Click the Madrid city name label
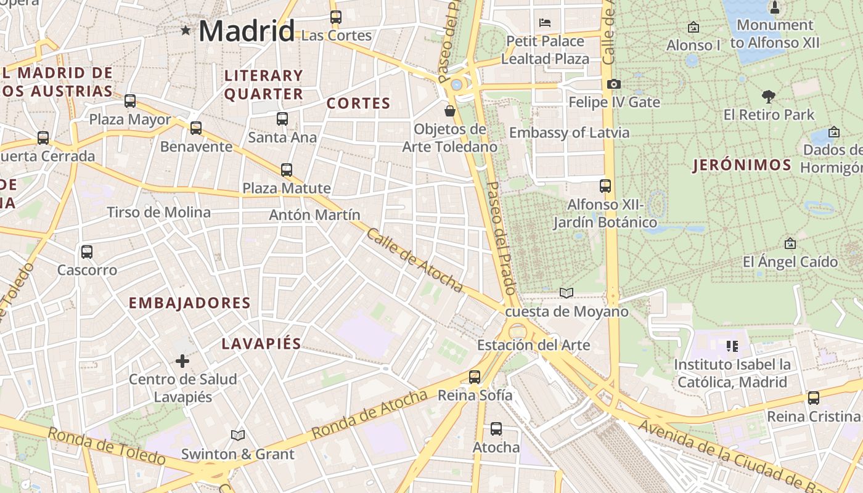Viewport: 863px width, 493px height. [247, 31]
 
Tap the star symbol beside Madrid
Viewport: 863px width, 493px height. [186, 30]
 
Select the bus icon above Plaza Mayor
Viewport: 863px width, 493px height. [130, 101]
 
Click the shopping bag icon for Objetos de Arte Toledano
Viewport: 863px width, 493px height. [450, 111]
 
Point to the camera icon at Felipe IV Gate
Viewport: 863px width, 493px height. [614, 84]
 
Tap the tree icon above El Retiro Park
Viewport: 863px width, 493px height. [768, 96]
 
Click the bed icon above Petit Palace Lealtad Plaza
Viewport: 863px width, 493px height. [545, 23]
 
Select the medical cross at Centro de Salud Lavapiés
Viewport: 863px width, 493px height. [182, 361]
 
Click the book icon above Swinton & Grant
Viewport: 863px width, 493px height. [237, 435]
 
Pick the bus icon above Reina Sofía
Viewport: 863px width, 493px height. [475, 377]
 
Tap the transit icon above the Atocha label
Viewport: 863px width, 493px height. [496, 428]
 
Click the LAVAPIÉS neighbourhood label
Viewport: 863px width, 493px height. [261, 344]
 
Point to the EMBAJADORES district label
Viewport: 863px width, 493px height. [190, 303]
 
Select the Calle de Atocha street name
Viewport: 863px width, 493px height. [414, 259]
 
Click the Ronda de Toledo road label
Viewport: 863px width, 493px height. [107, 446]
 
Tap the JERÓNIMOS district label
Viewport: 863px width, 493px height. [742, 165]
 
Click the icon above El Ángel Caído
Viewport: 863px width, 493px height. [790, 244]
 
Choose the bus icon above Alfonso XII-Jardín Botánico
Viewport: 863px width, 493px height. [605, 185]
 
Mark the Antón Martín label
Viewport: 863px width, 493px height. [314, 215]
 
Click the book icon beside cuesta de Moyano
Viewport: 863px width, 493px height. [566, 293]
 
